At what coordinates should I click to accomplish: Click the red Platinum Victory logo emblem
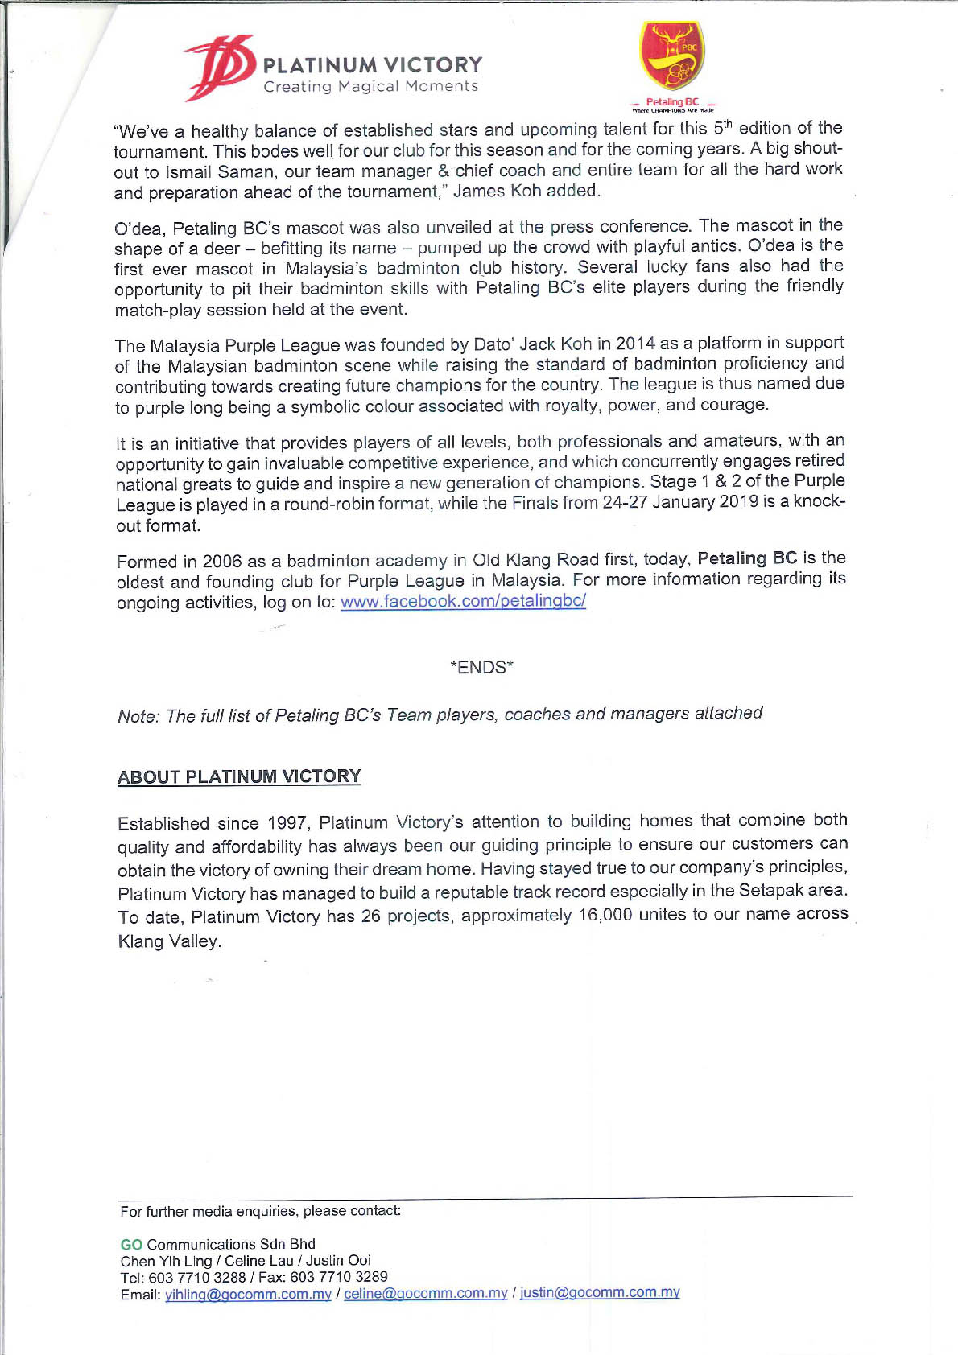point(218,68)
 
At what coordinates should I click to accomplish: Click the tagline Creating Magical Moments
point(371,87)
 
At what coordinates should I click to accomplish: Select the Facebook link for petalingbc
point(463,601)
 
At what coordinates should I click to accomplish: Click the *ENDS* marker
point(481,667)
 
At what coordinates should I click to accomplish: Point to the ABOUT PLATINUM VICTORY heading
point(239,776)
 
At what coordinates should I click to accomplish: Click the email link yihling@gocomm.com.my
point(248,1295)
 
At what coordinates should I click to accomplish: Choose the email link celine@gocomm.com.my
point(426,1293)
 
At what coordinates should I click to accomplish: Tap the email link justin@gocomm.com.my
point(600,1292)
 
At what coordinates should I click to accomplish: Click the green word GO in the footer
point(131,1245)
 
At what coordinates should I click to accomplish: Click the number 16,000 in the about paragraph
point(605,916)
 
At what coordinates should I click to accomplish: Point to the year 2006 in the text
point(222,561)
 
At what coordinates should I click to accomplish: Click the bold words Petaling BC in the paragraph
point(747,558)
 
